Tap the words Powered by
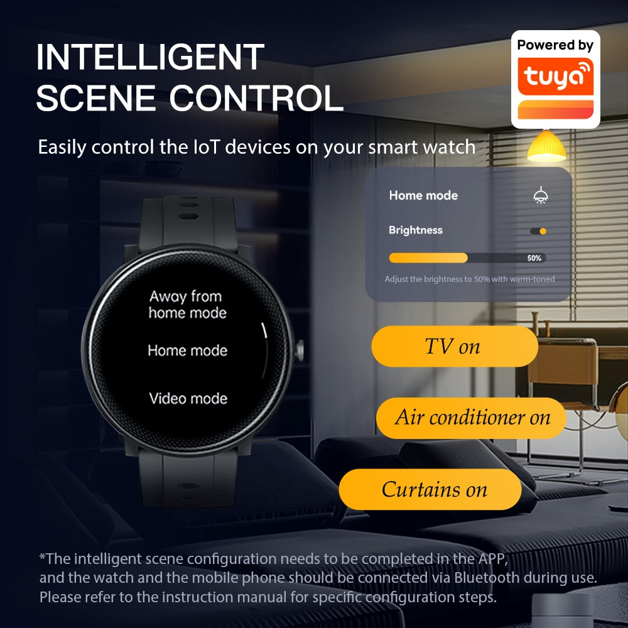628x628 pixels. [555, 45]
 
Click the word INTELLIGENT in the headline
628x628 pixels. [150, 57]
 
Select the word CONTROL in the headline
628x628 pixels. [256, 98]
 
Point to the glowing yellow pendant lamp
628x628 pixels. [546, 146]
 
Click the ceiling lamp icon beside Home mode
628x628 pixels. [541, 195]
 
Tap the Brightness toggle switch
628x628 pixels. [538, 231]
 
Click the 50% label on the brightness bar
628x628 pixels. [534, 258]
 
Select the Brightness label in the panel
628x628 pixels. [416, 230]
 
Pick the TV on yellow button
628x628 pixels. [455, 347]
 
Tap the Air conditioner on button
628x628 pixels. [471, 418]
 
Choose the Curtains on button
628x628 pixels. [430, 489]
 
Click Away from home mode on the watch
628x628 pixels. [187, 305]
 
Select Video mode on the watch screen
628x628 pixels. [188, 399]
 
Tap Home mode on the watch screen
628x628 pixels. [187, 351]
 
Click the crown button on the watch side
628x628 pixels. [299, 350]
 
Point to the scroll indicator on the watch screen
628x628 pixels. [264, 331]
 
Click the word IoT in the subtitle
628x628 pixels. [207, 147]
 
